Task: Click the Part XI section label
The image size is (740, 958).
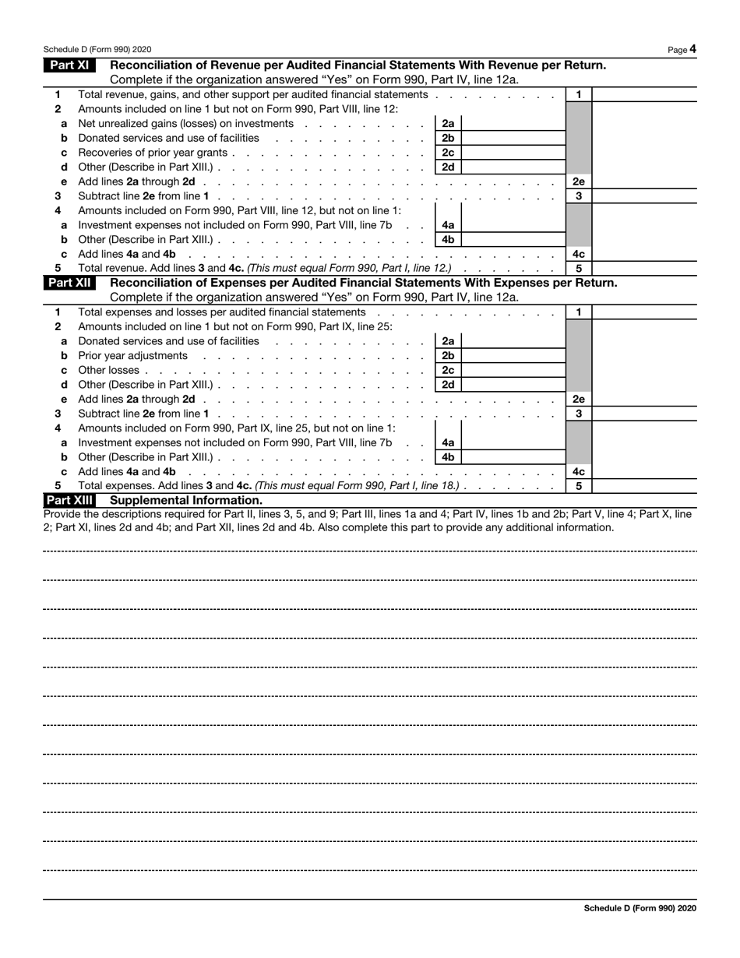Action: click(x=69, y=65)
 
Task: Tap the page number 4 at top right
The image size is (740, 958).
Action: click(x=692, y=49)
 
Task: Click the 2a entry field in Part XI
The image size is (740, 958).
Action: click(x=512, y=123)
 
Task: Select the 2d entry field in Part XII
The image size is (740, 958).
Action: click(x=512, y=384)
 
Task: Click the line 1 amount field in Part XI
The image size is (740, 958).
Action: click(x=644, y=94)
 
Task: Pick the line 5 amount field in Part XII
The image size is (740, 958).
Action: click(x=644, y=486)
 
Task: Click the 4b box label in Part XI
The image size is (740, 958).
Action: click(x=448, y=240)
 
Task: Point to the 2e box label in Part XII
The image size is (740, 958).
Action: click(x=578, y=399)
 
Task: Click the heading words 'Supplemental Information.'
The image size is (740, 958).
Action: click(x=186, y=500)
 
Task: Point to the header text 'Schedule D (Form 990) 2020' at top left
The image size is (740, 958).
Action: click(x=97, y=49)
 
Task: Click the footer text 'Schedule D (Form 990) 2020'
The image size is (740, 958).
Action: click(x=640, y=908)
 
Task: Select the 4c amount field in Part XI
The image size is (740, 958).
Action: click(x=644, y=254)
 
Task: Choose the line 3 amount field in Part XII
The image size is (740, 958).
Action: click(x=644, y=414)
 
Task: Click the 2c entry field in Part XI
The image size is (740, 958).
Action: click(x=512, y=153)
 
